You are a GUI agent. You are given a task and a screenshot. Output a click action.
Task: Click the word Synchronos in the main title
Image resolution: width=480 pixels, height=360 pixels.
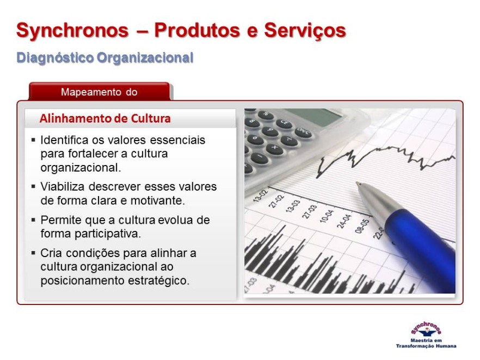coord(72,30)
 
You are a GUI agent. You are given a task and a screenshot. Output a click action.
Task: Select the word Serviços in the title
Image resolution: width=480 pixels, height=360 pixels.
coord(305,31)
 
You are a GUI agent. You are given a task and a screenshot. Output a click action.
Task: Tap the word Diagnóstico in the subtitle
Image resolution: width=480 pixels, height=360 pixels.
coord(55,58)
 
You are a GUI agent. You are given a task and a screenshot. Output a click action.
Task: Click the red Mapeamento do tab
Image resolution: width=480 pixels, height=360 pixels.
coord(99,91)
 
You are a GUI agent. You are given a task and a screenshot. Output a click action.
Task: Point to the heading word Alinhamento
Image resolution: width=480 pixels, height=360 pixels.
coord(73,119)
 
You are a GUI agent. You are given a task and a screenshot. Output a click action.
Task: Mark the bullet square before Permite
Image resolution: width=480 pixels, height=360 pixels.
coord(33,219)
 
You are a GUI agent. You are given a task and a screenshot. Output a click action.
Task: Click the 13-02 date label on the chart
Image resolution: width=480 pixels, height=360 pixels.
coord(261,196)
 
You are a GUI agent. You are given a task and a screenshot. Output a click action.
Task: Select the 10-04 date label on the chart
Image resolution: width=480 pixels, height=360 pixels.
coord(327,216)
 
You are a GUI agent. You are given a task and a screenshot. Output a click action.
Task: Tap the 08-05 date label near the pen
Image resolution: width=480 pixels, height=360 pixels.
coord(361,226)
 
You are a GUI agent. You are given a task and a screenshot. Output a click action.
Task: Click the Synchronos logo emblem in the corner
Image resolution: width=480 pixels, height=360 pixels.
coord(426,329)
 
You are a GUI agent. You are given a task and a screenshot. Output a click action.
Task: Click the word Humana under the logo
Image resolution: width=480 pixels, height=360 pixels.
coord(446,346)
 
